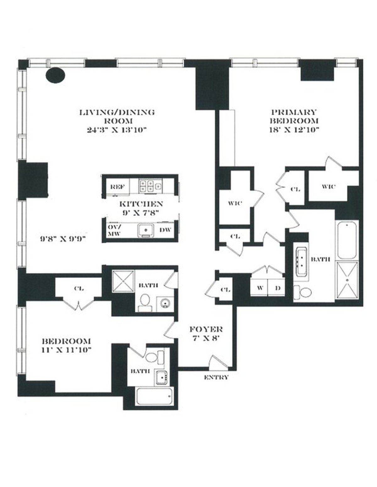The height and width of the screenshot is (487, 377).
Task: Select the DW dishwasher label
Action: pos(165,230)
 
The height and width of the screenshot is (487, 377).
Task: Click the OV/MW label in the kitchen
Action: pos(112,230)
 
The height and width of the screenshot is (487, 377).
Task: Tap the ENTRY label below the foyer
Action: pos(216,377)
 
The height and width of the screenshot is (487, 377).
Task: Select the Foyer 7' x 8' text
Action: pos(206,334)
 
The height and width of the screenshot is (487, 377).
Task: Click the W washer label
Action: pos(260,288)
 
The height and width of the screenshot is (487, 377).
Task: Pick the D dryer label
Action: pos(277,288)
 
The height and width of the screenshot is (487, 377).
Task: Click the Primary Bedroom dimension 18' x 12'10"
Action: pos(294,130)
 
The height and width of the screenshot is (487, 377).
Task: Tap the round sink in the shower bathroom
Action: pos(164,304)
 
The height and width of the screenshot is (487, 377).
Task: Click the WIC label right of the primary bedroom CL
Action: pos(329,187)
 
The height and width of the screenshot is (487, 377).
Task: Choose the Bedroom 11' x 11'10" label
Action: pos(67,345)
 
